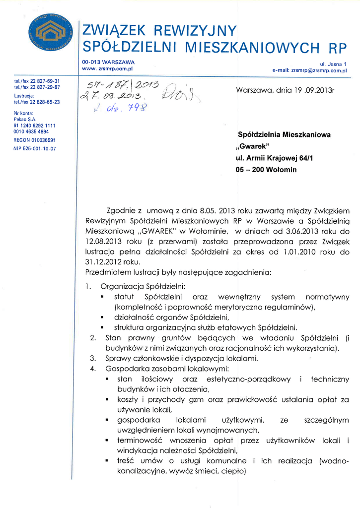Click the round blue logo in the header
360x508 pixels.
tap(50, 33)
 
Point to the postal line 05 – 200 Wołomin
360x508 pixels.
tap(266, 170)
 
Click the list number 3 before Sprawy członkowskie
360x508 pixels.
tap(92, 358)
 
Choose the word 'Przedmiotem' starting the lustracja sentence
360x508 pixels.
tap(107, 272)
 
